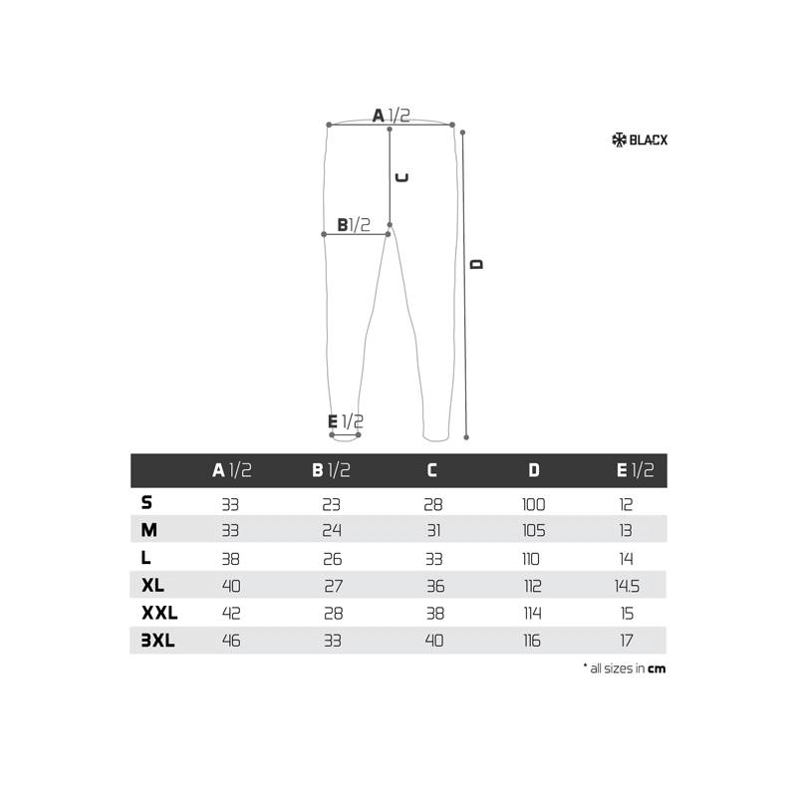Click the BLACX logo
tap(640, 139)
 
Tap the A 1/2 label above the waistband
tap(391, 116)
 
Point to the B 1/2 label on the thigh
tap(354, 225)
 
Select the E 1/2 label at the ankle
tap(346, 421)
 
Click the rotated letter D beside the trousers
tap(476, 264)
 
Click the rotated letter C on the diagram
tap(402, 177)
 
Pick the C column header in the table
tap(432, 470)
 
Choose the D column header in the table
tap(534, 470)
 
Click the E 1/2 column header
tap(635, 470)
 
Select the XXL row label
tap(159, 613)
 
